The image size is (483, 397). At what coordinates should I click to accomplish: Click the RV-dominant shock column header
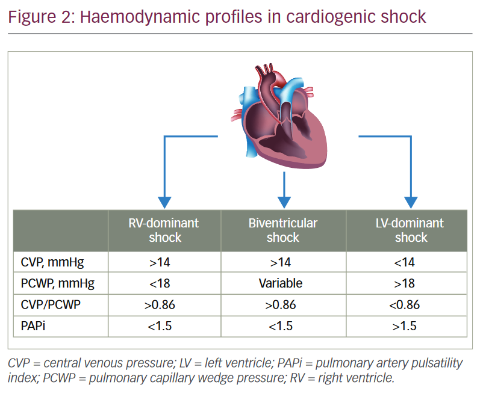click(164, 230)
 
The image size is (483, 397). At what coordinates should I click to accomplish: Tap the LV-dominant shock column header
click(410, 230)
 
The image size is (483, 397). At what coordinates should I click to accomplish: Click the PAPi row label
click(32, 326)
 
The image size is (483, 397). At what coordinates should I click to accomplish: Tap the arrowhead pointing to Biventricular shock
click(282, 202)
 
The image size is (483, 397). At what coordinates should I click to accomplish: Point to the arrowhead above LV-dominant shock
click(410, 202)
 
